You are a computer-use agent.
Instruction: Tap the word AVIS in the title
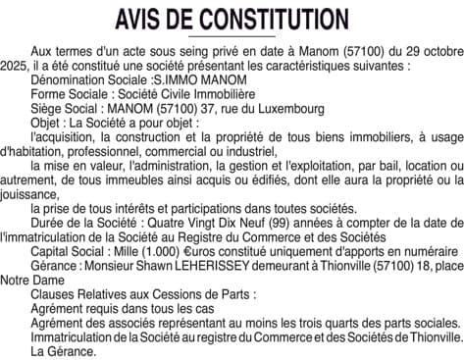[139, 21]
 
